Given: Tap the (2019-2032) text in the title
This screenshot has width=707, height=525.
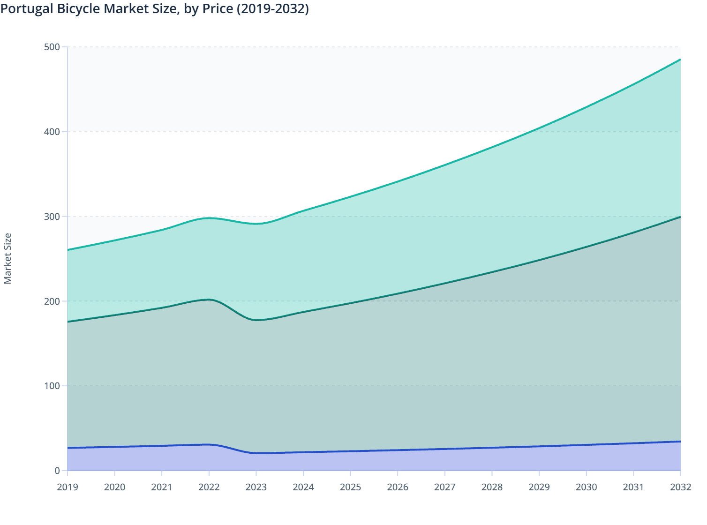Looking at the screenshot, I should [x=272, y=9].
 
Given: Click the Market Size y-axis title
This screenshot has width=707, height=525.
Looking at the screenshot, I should [x=8, y=258].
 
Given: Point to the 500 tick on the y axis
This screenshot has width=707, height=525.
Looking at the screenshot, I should [x=53, y=47].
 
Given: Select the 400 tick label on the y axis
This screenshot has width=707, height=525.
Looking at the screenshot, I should [x=53, y=132].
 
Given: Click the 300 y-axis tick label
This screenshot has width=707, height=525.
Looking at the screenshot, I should [x=53, y=217].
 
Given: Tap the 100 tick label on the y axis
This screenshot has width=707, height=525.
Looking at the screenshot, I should [x=53, y=386].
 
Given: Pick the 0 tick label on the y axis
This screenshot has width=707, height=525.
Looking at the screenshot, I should [x=57, y=471].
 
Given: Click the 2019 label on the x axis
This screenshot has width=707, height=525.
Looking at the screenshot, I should [x=68, y=487].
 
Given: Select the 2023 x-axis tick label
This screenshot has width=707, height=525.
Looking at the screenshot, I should [x=256, y=487].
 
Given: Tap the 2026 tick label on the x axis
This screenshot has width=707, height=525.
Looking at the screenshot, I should [x=398, y=487].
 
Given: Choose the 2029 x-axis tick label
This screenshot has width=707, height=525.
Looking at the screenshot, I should [x=539, y=487].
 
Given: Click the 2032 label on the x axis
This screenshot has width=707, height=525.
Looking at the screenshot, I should [x=680, y=487].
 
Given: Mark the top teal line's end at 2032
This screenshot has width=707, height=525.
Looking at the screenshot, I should [x=680, y=60].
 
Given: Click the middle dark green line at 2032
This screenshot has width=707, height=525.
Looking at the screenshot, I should [x=680, y=217].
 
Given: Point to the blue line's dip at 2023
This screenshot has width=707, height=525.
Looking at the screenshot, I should [x=256, y=453].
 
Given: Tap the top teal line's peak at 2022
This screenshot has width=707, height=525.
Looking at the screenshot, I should [x=209, y=218].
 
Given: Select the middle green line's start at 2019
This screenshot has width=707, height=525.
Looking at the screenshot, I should [x=68, y=322].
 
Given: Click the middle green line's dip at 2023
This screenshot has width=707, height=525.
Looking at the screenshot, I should [x=256, y=320].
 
